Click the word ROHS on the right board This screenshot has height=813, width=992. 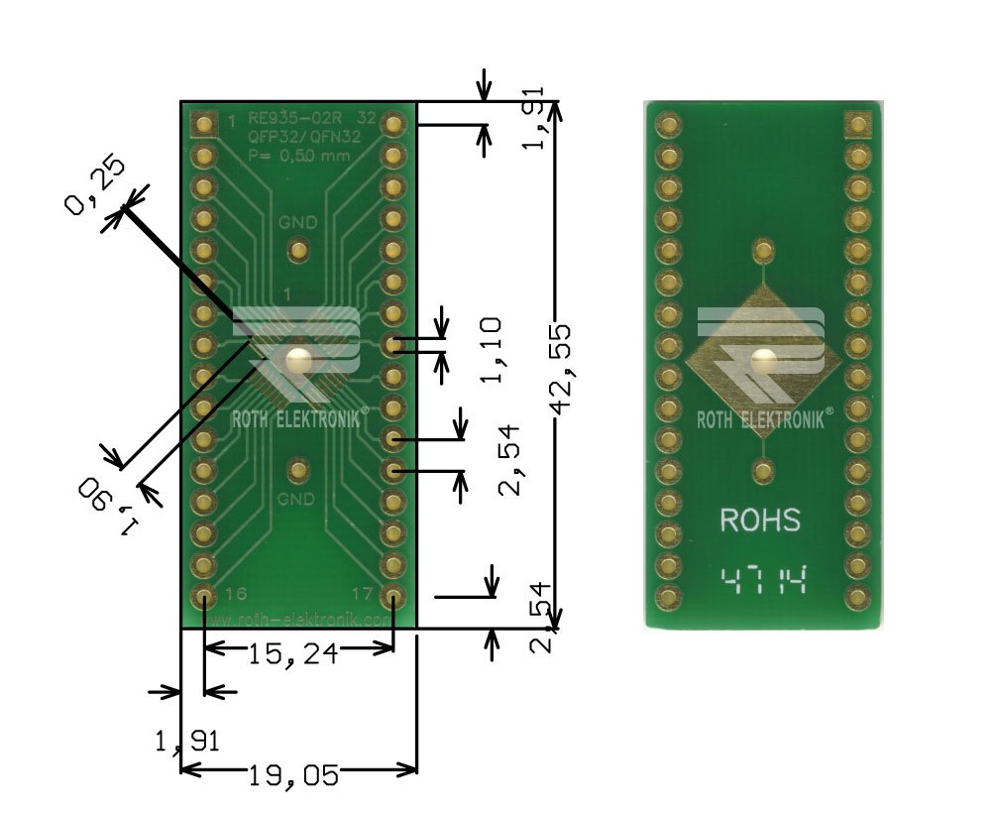click(760, 520)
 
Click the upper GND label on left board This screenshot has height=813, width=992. click(297, 222)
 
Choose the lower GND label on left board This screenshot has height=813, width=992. click(296, 497)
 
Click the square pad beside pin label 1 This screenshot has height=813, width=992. click(204, 124)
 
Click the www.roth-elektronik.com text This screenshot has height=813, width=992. click(299, 619)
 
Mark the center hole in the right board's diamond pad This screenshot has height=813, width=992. click(762, 361)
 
